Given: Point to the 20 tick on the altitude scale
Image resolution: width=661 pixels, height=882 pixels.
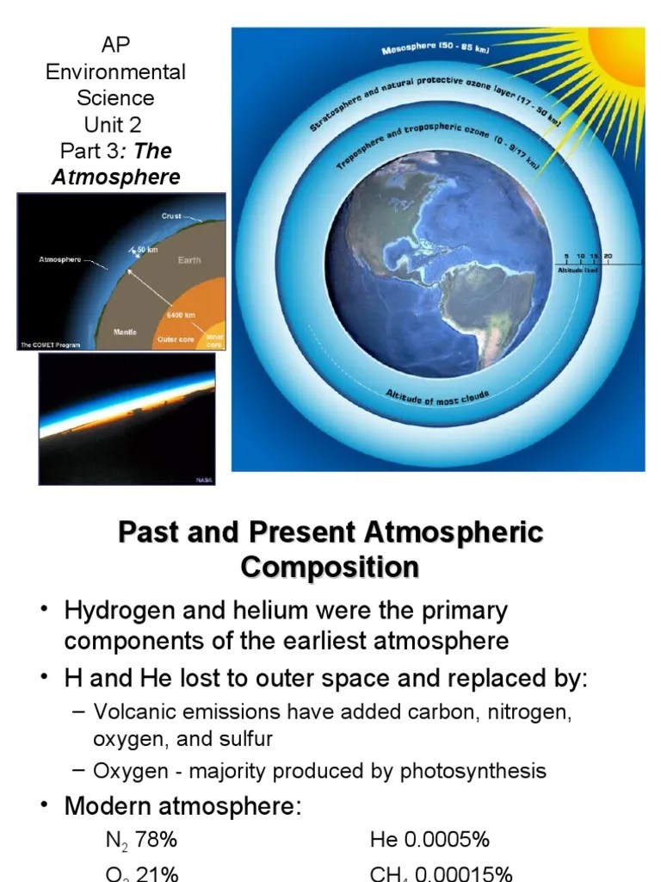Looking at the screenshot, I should [x=608, y=257].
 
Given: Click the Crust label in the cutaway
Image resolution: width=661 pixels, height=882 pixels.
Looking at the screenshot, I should [x=171, y=216].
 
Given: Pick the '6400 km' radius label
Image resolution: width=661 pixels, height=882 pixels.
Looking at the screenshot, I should [x=181, y=314].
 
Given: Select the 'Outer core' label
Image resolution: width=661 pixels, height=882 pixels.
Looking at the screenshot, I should [x=176, y=339].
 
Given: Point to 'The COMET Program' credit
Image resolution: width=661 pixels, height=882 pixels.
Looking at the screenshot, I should [x=50, y=345].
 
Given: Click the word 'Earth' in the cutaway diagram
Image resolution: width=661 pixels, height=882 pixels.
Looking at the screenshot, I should [x=189, y=259].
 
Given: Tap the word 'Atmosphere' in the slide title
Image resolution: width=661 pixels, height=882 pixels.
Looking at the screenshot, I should [x=116, y=177].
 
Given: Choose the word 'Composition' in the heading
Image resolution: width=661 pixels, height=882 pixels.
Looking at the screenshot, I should [x=330, y=568].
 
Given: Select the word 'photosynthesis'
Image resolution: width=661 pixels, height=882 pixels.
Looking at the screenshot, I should [x=473, y=770].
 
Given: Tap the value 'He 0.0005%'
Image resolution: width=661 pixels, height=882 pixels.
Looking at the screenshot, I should [x=429, y=839].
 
